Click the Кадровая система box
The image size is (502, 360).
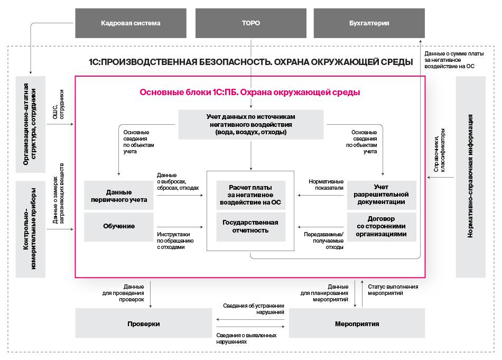coord(131,23)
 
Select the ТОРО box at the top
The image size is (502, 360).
coord(250,23)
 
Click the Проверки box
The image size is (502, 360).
coord(143,324)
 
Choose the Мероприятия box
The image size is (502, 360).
coord(357,324)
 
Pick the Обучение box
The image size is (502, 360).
coord(119,226)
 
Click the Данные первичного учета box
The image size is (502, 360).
coord(119,196)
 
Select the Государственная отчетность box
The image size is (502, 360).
coord(250,226)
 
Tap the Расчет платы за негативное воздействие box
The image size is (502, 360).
coord(250,195)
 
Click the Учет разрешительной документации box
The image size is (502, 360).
coord(382,195)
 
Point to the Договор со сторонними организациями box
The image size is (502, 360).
coord(382,226)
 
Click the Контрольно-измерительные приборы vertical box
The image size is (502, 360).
coord(31,229)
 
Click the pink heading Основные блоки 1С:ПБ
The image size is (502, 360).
coord(250,92)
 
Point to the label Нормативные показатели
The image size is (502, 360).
coord(326,184)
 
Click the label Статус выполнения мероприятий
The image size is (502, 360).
coord(393,290)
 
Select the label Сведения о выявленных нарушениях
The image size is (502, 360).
coord(246,338)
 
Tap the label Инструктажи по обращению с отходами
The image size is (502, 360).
coord(175,240)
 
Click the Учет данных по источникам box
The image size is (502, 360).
coord(250,124)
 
